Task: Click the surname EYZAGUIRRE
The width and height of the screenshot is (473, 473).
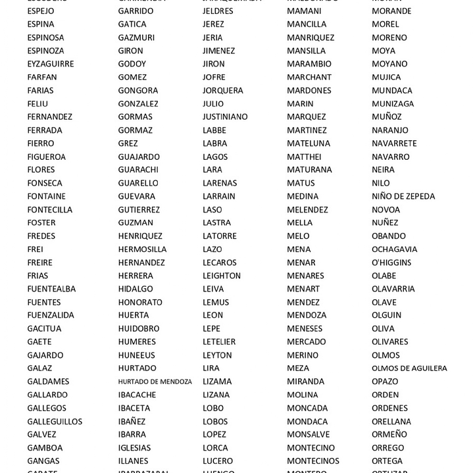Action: pyautogui.click(x=51, y=64)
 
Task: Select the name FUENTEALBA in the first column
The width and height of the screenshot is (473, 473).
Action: pyautogui.click(x=51, y=289)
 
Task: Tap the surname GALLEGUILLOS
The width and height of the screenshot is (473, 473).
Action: pyautogui.click(x=55, y=421)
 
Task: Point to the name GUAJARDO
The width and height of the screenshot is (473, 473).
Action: pyautogui.click(x=139, y=157)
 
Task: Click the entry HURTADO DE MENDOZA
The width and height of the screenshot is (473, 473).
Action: pyautogui.click(x=155, y=382)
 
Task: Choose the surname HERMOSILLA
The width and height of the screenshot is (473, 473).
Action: pyautogui.click(x=142, y=249)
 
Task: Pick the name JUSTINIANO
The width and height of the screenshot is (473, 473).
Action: pyautogui.click(x=225, y=116)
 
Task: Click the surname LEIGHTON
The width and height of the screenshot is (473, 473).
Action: pyautogui.click(x=222, y=276)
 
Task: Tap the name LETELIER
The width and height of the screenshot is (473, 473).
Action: pyautogui.click(x=219, y=341)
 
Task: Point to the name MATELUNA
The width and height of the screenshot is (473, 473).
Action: pyautogui.click(x=309, y=143)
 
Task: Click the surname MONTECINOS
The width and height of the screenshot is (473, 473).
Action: pyautogui.click(x=313, y=461)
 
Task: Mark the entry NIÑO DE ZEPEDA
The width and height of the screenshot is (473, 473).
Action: pyautogui.click(x=403, y=196)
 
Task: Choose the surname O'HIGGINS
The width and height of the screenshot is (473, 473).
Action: pyautogui.click(x=391, y=262)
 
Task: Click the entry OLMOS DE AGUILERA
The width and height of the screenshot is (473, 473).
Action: pyautogui.click(x=409, y=368)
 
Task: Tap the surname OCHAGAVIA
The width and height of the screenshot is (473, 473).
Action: pyautogui.click(x=394, y=249)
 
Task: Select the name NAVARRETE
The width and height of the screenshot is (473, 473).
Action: pyautogui.click(x=394, y=143)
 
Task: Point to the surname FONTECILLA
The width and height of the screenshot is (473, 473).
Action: pyautogui.click(x=50, y=209)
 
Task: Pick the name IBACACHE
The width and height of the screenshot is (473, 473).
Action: pyautogui.click(x=137, y=395)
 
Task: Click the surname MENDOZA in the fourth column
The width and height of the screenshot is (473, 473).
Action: pyautogui.click(x=307, y=315)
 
